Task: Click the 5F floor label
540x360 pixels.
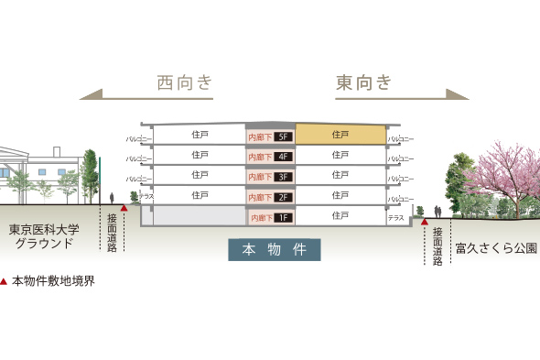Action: (282, 137)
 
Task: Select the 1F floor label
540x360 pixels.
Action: (282, 218)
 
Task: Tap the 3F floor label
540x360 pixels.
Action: (282, 177)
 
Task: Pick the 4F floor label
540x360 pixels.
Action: (282, 158)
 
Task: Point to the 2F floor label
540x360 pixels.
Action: (282, 197)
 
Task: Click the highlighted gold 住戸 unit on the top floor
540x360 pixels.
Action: (340, 135)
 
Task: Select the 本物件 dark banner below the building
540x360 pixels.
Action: (275, 249)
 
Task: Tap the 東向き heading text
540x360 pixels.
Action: (363, 83)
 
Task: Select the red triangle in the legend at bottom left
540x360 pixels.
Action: (5, 281)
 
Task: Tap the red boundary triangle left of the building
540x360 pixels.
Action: (124, 208)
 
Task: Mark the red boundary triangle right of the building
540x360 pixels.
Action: (425, 221)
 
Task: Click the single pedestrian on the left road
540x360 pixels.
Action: (112, 198)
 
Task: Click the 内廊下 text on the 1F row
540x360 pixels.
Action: (261, 218)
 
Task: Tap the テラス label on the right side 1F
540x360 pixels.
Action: (395, 218)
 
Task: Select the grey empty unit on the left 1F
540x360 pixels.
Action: (192, 216)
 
